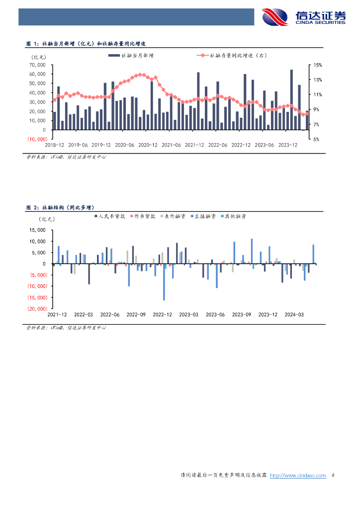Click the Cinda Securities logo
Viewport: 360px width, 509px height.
(x=304, y=17)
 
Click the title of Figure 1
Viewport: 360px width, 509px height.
(x=86, y=44)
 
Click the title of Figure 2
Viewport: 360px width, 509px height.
(x=60, y=207)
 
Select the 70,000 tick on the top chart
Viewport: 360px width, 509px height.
(x=37, y=65)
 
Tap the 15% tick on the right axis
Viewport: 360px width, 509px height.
(x=317, y=65)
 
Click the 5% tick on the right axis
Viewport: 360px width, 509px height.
(x=316, y=139)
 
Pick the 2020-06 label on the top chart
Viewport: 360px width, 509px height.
(x=124, y=145)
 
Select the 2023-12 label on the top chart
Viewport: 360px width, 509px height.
(x=287, y=145)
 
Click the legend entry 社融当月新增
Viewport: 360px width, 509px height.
(x=131, y=56)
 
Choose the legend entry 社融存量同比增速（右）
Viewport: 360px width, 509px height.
(x=232, y=56)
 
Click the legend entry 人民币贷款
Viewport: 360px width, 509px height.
(x=110, y=216)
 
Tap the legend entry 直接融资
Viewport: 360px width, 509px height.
(x=203, y=216)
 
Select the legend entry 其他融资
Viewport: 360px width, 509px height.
(x=233, y=216)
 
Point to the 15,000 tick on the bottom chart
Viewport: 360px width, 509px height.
(x=37, y=230)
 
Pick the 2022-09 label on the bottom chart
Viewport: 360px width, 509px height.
(x=136, y=315)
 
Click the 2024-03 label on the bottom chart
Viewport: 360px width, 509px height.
(x=294, y=315)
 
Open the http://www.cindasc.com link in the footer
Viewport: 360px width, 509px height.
(x=298, y=475)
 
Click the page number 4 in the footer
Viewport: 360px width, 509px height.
(x=333, y=475)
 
